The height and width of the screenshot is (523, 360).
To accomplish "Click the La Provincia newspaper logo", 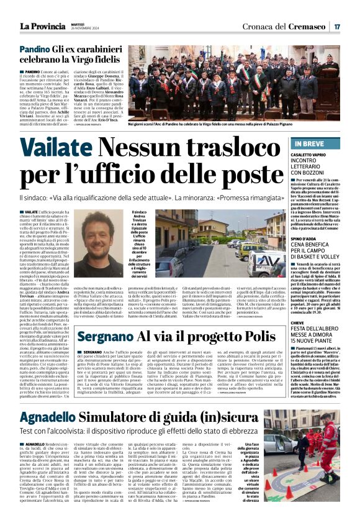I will [x=41, y=26].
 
